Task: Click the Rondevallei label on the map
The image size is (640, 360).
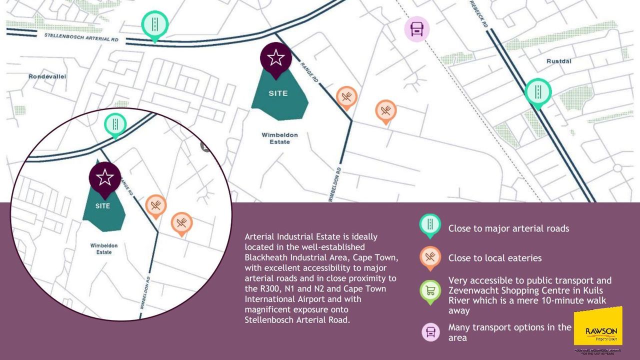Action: pos(47,76)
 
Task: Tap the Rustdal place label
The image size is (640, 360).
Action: pos(558,61)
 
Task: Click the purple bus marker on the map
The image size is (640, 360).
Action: pos(416,29)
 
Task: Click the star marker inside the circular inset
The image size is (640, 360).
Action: pos(104,177)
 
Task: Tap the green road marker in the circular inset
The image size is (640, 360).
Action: pos(115,124)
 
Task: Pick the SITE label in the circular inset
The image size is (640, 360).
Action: pos(103,205)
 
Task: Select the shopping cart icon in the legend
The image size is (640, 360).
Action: pos(430,290)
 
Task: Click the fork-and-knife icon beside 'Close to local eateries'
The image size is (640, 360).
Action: pos(430,257)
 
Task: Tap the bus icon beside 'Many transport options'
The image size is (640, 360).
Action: pos(430,331)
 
